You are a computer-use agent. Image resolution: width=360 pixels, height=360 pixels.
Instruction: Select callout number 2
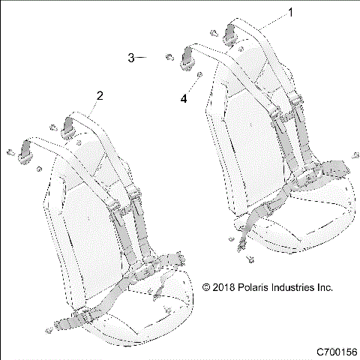tap(99, 95)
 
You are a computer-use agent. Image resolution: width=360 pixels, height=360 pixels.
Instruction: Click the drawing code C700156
tap(336, 350)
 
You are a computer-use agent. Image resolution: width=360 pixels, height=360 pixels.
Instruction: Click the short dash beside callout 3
tap(143, 58)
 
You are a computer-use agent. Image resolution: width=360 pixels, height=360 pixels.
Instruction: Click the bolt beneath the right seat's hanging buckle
tap(247, 260)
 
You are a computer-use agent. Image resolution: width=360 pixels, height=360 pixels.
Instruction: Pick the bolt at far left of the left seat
tap(11, 153)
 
